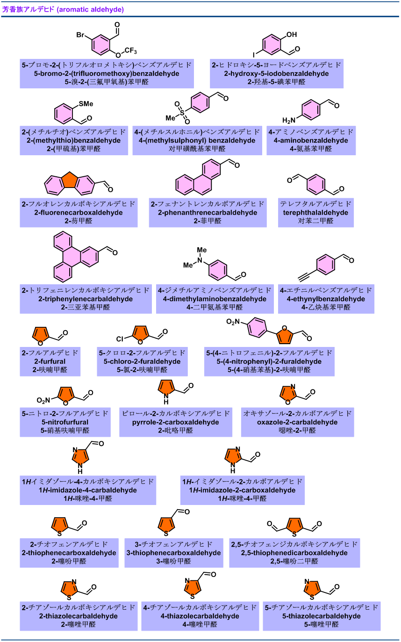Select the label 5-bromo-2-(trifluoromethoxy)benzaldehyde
coord(107,73)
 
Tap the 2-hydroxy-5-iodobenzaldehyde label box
coord(277,73)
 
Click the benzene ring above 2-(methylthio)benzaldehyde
coord(64,114)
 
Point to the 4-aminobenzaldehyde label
coord(311,140)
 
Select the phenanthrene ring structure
coord(199,179)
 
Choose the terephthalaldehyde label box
coord(315,212)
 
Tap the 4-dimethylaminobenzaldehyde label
coord(215,299)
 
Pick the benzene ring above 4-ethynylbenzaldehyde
coord(326,265)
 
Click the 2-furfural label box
coord(50,361)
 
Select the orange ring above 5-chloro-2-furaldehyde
coord(141,333)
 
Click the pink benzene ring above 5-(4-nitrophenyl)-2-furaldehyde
coord(257,327)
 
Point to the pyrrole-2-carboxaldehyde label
coord(176,422)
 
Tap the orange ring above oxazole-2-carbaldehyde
coord(288,394)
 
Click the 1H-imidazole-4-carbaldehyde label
coord(88,490)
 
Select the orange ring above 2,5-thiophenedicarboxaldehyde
coord(294,526)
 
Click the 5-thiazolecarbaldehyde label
coord(322,616)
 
